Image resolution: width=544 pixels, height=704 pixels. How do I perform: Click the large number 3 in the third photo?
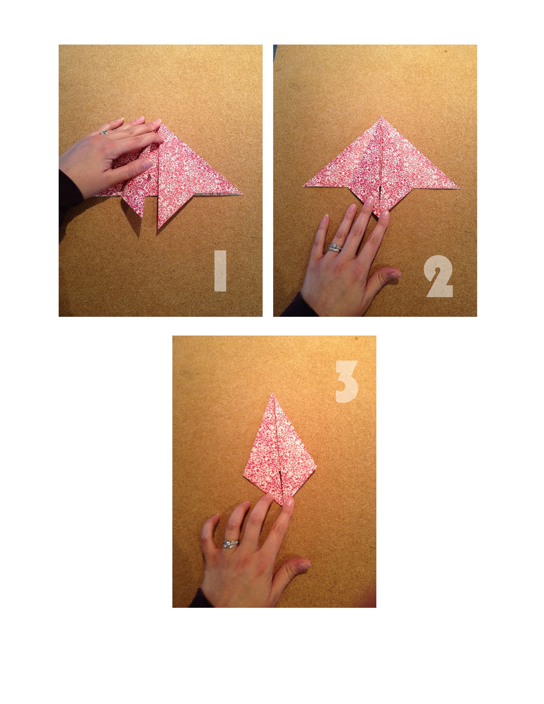pyautogui.click(x=346, y=382)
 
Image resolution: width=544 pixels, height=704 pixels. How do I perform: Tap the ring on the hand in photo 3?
pyautogui.click(x=231, y=544)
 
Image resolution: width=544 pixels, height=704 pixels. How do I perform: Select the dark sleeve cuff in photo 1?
pyautogui.click(x=69, y=190)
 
